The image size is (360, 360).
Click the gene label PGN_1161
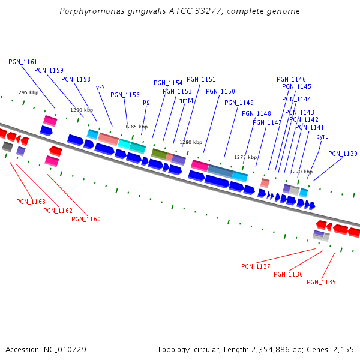[x=23, y=62]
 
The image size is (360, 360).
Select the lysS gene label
[x=100, y=87]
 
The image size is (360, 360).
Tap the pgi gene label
[x=147, y=102]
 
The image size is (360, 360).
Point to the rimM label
[x=185, y=100]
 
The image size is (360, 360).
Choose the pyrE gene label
[x=322, y=136]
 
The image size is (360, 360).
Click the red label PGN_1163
[x=31, y=202]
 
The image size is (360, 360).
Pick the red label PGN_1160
[x=86, y=219]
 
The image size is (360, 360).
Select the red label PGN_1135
[x=321, y=282]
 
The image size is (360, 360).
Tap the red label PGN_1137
[x=256, y=266]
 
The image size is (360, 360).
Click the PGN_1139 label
[x=343, y=154]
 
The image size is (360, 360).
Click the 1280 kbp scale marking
[x=191, y=142]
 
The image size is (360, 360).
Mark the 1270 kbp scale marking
[x=301, y=172]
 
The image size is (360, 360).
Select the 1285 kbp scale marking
[x=136, y=127]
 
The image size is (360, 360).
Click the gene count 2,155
[x=343, y=349]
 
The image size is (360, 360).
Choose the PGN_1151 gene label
[x=201, y=79]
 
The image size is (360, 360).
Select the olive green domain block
[x=159, y=154]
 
